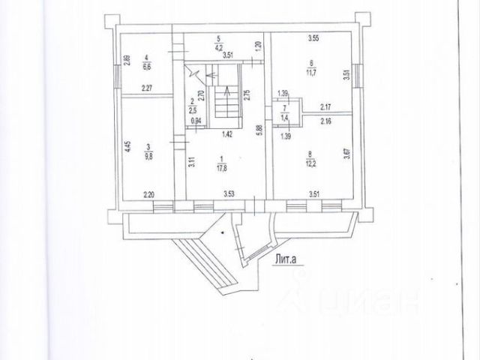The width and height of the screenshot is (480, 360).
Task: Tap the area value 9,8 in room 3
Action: [x=149, y=157]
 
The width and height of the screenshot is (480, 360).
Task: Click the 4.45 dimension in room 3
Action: [x=127, y=146]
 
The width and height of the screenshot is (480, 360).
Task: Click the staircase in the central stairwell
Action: [x=224, y=101]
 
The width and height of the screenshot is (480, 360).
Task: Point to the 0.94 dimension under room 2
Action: [x=197, y=121]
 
